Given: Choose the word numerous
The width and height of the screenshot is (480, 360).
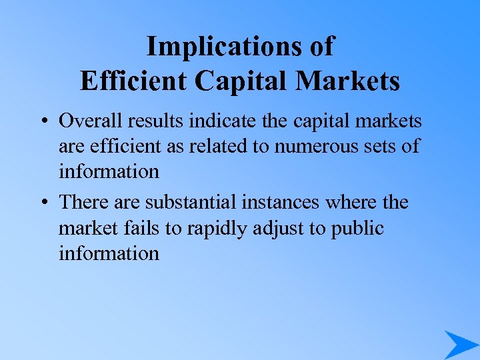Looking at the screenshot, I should click(303, 146).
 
